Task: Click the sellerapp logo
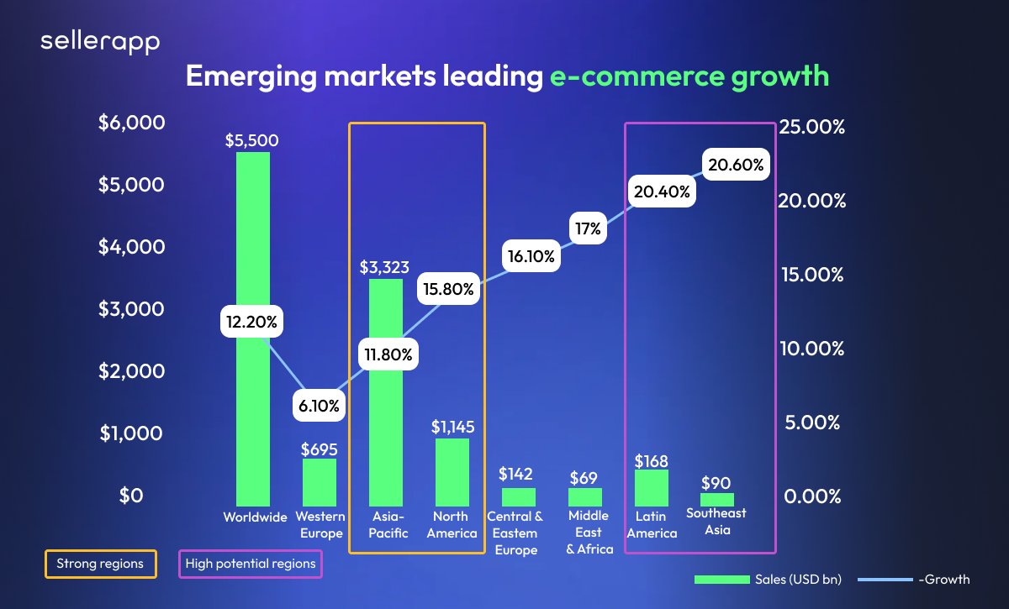[100, 43]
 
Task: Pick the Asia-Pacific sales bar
[386, 420]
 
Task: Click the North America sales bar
[452, 471]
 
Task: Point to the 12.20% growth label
[253, 321]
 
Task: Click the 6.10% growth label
[320, 407]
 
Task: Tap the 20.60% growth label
[736, 165]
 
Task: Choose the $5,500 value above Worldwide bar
[252, 141]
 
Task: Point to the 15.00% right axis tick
[812, 275]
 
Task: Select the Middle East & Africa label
[589, 533]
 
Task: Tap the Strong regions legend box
[100, 564]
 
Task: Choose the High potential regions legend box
[251, 564]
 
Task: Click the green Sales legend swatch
[721, 580]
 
